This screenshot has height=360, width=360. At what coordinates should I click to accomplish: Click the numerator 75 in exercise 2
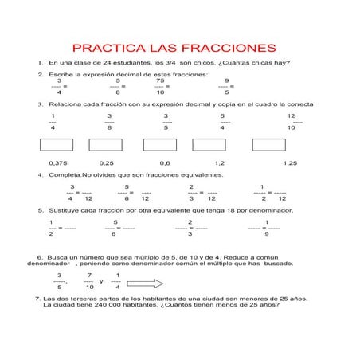click(160, 80)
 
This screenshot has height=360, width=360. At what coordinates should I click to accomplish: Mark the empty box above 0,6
click(160, 144)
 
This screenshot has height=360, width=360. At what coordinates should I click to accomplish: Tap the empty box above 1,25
click(268, 144)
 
